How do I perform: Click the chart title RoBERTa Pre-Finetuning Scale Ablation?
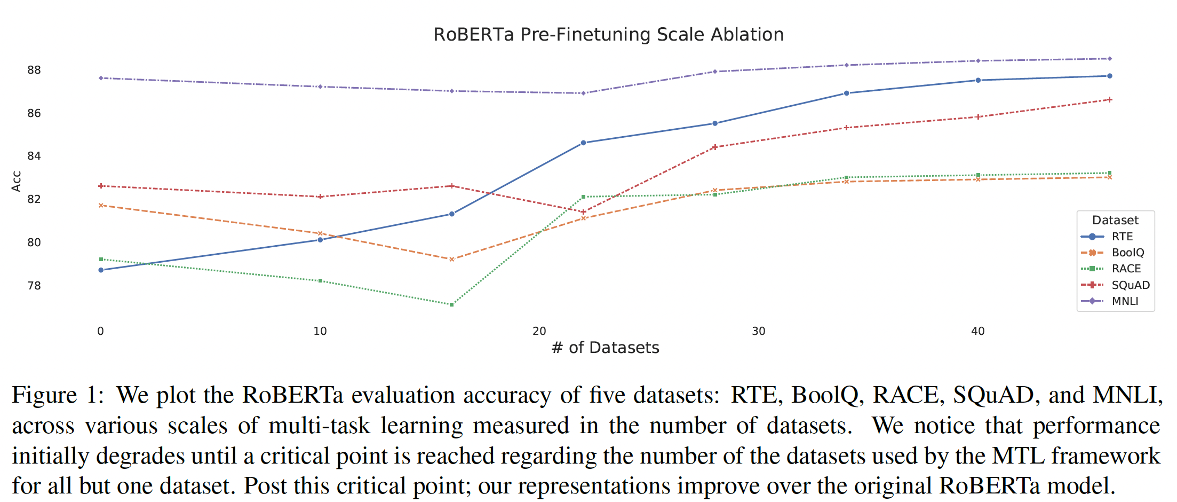(608, 35)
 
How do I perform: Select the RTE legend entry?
(1122, 237)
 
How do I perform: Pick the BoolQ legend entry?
(1127, 253)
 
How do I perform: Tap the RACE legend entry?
(1126, 269)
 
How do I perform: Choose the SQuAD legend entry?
(1130, 285)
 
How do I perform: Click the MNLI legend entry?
(1125, 301)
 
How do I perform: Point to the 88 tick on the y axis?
(34, 70)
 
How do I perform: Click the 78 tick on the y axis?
(34, 286)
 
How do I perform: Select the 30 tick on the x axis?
(758, 331)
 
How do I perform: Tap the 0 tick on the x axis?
(100, 331)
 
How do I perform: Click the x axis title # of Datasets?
(606, 348)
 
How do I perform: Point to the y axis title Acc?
(17, 182)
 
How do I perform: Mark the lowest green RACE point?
(451, 304)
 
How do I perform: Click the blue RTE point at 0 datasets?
(101, 270)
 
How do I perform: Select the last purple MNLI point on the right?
(1110, 59)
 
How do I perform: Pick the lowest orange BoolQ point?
(451, 259)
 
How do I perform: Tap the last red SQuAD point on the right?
(1110, 100)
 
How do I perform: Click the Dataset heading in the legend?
(1115, 220)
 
